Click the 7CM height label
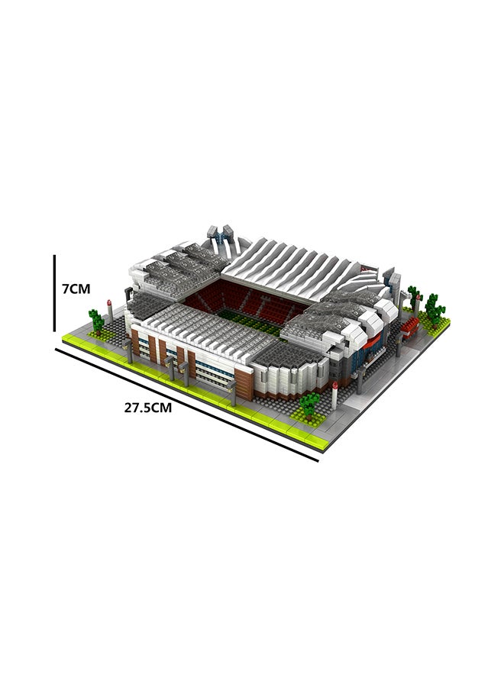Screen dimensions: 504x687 [x=76, y=289]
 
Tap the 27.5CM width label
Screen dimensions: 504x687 [x=147, y=408]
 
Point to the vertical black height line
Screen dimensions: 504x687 [x=55, y=293]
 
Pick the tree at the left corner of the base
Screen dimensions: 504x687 [x=96, y=321]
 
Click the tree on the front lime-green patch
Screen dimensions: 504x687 [x=310, y=403]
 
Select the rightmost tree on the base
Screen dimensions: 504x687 [x=435, y=309]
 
